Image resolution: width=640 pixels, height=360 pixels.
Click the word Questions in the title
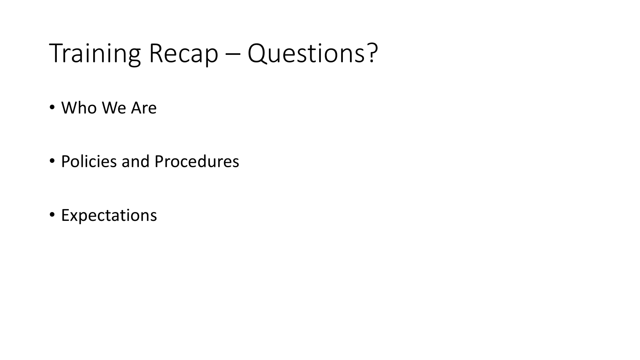(x=306, y=54)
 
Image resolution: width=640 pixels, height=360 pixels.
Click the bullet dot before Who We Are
(x=52, y=108)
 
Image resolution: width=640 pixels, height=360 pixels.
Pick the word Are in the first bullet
(x=144, y=108)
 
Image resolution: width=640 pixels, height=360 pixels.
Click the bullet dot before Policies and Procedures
(x=52, y=161)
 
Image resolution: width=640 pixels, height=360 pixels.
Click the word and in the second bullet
(x=136, y=162)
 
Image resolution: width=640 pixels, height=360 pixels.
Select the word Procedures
(x=197, y=162)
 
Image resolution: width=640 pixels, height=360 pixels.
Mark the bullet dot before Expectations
(x=52, y=214)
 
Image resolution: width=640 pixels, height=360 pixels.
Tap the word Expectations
(x=109, y=216)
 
